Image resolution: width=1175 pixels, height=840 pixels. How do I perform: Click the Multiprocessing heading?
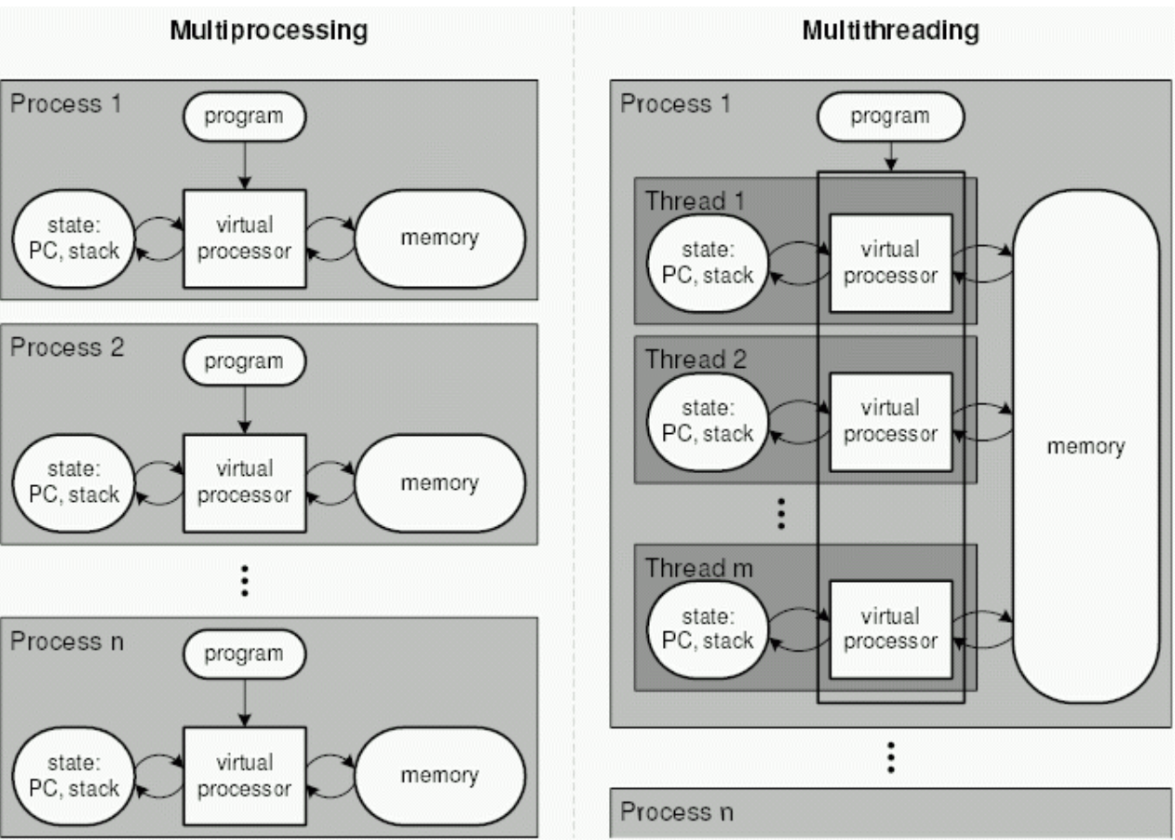[268, 31]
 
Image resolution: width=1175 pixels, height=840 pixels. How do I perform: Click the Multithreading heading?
[891, 31]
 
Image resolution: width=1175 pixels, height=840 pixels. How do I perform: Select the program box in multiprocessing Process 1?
[245, 116]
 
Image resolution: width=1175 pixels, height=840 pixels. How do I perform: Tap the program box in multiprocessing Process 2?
[245, 361]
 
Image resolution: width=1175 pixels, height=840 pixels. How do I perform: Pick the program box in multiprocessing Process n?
[245, 655]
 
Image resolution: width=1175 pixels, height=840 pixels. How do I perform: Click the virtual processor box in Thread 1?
[891, 263]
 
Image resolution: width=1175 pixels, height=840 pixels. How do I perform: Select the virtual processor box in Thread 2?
[891, 422]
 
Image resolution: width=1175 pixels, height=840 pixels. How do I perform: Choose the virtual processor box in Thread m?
[891, 630]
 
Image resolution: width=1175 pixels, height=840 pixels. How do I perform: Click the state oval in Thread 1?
[708, 263]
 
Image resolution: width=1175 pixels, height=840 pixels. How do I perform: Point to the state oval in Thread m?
[708, 630]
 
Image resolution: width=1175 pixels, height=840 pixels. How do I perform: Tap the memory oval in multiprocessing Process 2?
[440, 483]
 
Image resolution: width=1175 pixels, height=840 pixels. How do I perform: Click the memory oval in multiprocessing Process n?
[440, 776]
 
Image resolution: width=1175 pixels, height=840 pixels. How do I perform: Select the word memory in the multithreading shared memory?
[1086, 447]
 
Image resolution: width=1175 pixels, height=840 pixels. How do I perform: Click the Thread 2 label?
[696, 359]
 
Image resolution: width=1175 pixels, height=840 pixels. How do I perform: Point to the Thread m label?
[698, 568]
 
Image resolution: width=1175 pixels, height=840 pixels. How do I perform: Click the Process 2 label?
[67, 347]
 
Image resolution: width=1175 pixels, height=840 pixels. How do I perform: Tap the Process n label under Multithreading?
[677, 812]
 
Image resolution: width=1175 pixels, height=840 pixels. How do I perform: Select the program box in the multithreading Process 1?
[891, 116]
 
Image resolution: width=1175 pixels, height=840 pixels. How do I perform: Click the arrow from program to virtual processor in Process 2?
[245, 410]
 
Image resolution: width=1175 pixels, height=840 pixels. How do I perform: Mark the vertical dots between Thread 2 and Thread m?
[781, 514]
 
